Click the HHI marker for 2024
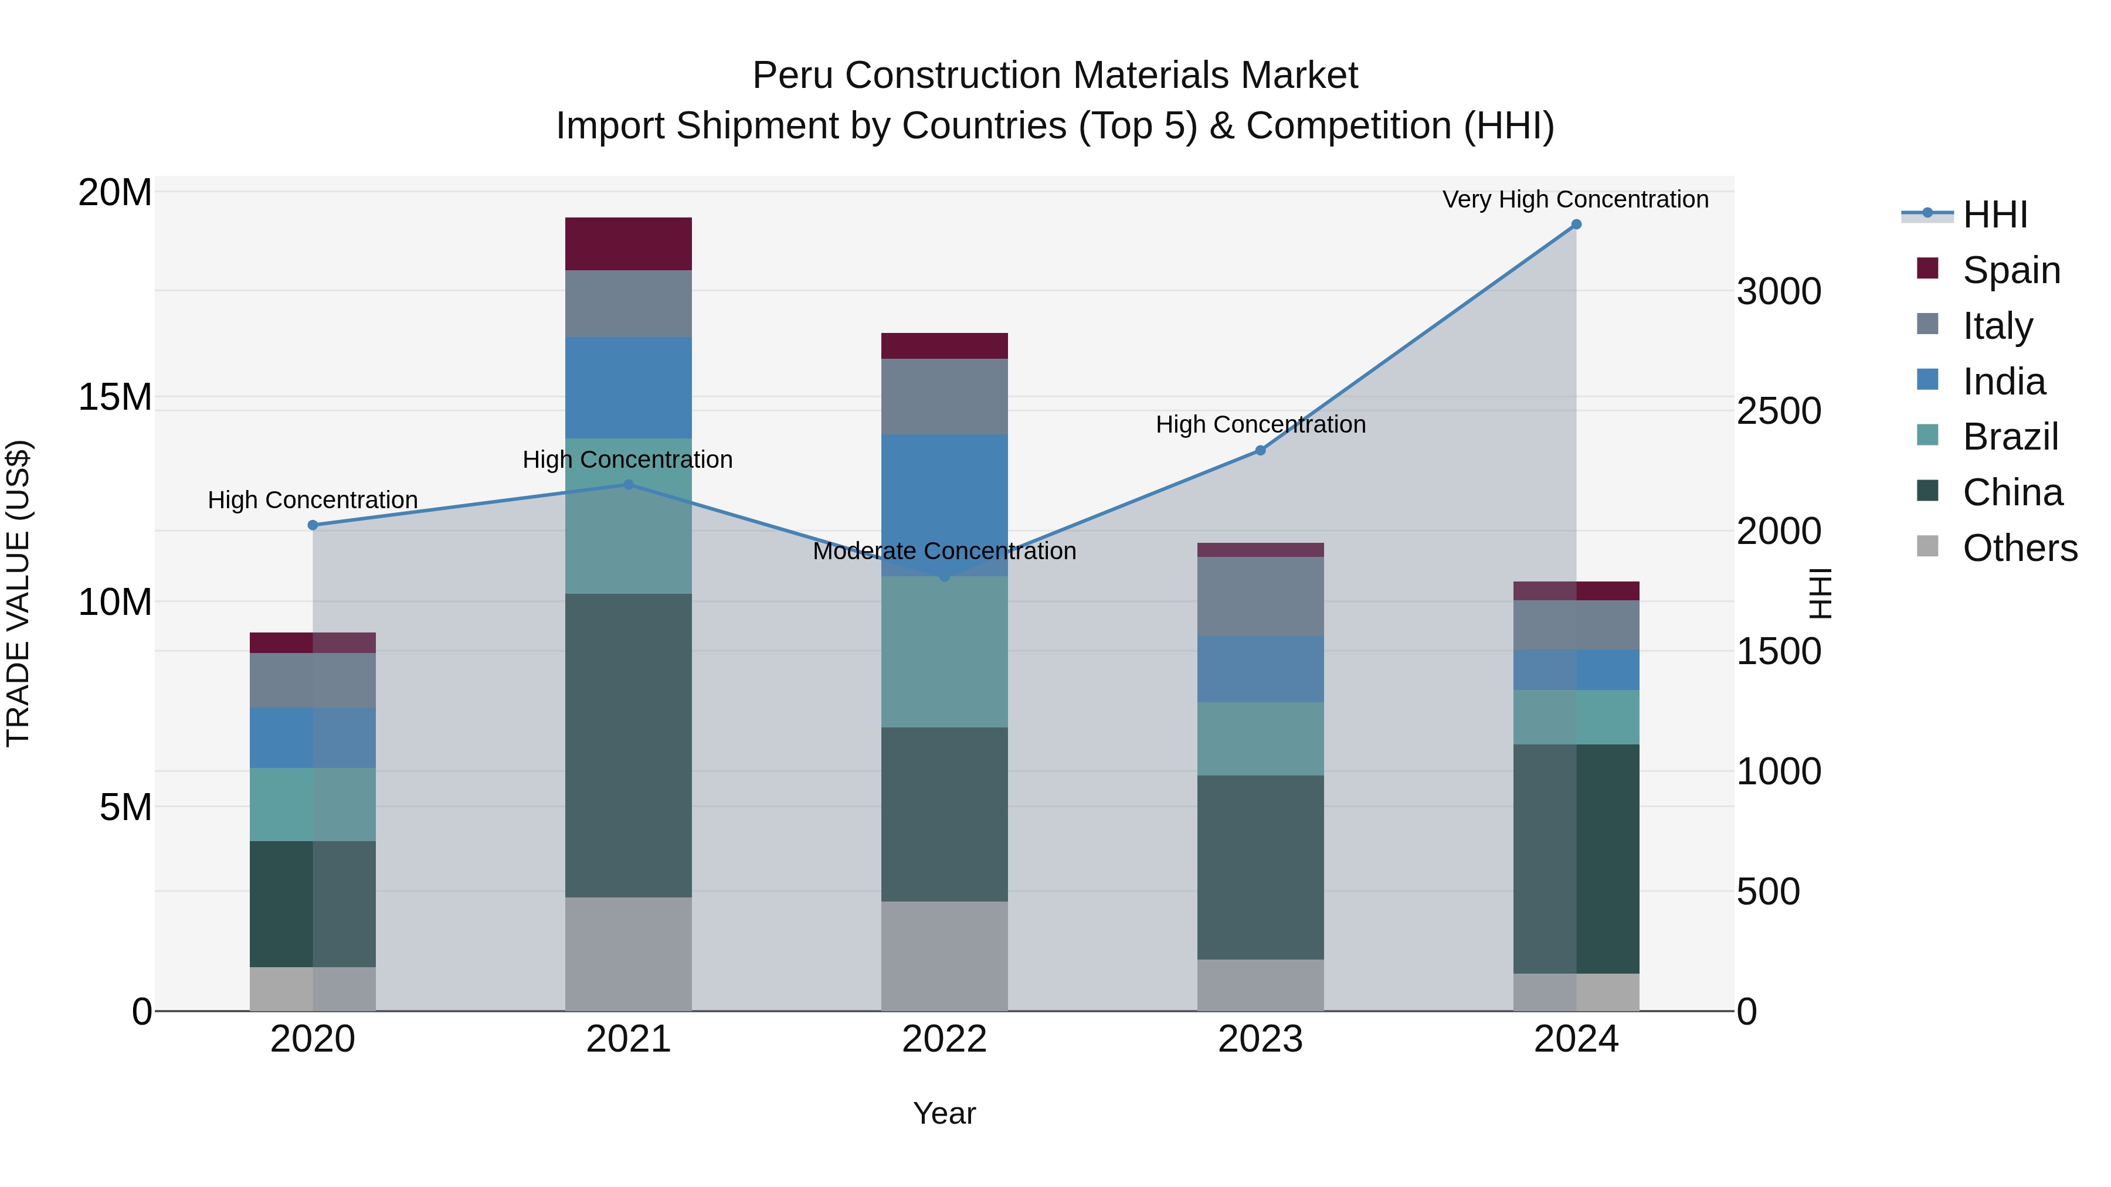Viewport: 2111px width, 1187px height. (1576, 225)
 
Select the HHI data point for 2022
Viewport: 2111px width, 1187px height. (944, 577)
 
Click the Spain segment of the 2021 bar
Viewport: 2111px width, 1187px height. (629, 243)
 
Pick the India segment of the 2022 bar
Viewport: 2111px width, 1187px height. (944, 505)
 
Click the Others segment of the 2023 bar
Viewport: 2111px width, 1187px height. (1260, 985)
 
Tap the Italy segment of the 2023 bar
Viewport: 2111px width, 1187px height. (1260, 596)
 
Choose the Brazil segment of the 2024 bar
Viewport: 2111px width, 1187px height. (1576, 717)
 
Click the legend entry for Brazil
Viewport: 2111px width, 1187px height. (2010, 437)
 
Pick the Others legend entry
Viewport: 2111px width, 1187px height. (2019, 548)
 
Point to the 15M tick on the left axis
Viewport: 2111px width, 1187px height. (115, 397)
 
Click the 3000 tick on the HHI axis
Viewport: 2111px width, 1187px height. (1779, 292)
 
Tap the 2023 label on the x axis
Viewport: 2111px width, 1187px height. (1260, 1039)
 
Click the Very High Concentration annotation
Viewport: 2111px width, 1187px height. (1575, 199)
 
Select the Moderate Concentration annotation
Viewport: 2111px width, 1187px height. (944, 552)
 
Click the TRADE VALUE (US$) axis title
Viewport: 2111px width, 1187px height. (19, 593)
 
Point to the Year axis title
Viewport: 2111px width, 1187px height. (944, 1113)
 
